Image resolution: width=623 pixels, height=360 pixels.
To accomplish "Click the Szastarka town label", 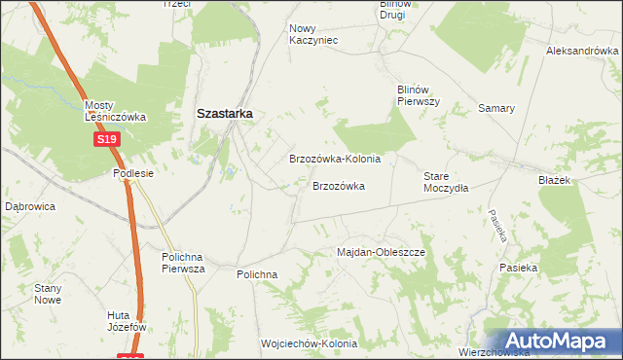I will point(225,113).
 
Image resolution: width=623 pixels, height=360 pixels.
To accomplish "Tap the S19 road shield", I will point(107,140).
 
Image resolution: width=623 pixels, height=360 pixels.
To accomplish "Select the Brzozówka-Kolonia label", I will point(334,158).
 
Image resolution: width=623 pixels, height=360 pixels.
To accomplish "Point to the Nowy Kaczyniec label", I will point(312,34).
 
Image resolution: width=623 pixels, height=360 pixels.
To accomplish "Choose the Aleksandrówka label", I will point(583,51).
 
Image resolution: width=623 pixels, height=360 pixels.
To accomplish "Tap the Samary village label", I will point(495,108).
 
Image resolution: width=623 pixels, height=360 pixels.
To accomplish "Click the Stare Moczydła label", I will point(446,182).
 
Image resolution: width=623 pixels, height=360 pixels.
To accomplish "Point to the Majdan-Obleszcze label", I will point(382,252).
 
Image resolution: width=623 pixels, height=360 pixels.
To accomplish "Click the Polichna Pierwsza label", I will point(183,263).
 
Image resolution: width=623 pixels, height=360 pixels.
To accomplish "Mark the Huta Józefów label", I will point(127,321).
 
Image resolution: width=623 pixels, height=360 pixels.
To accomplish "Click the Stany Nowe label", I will point(48,294).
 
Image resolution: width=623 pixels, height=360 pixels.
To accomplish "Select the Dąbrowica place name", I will point(30,206).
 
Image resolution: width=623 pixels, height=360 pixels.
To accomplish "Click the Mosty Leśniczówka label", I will point(115,111).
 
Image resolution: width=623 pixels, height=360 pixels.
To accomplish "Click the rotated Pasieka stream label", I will point(498,226).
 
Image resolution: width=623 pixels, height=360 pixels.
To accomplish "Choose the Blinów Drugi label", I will point(398,10).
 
